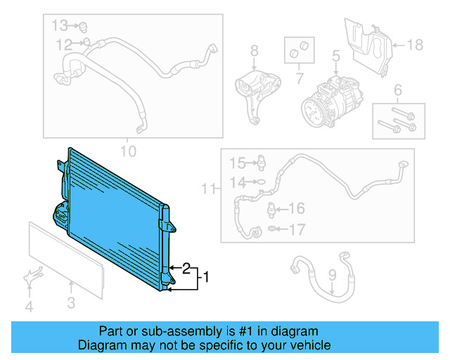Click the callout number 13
coord(60,26)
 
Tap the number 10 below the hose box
coord(128,150)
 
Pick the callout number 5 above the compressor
coord(336,55)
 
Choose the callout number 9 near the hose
coord(332,276)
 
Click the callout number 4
coord(29,307)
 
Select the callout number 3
coord(71,304)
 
